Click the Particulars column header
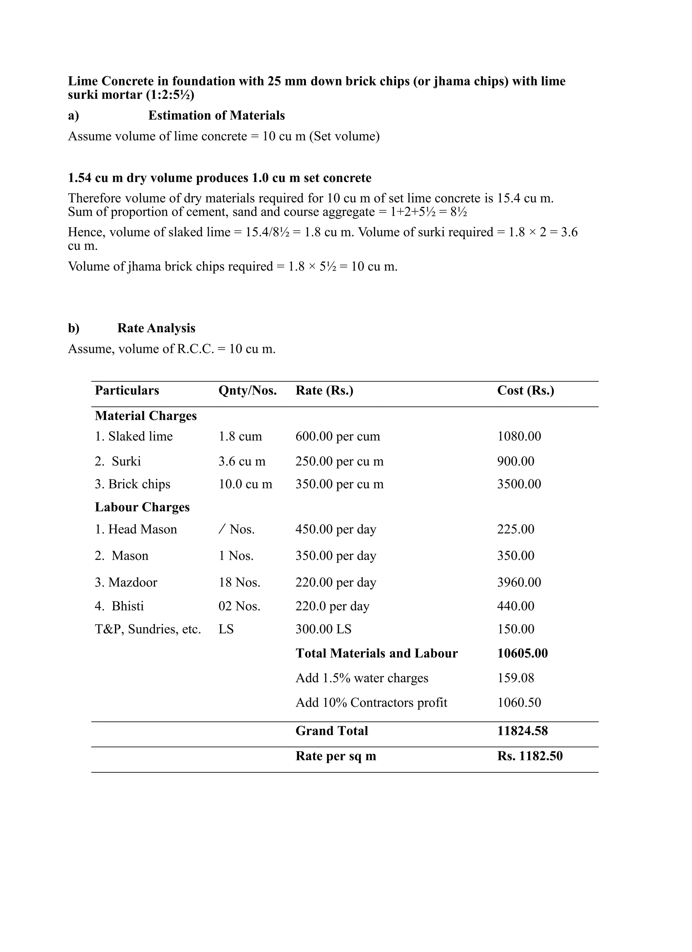click(x=127, y=390)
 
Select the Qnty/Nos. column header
click(x=247, y=390)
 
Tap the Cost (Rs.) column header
click(x=525, y=390)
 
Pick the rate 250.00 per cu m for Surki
click(x=339, y=461)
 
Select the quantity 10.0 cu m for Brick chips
click(x=245, y=484)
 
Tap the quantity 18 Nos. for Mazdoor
click(x=239, y=582)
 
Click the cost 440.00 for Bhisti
click(x=516, y=606)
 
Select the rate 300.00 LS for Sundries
click(x=323, y=629)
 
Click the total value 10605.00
click(x=522, y=653)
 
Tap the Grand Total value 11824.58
click(x=522, y=731)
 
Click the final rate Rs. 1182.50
click(x=529, y=756)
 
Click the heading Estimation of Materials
click(x=216, y=115)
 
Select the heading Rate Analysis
click(x=156, y=328)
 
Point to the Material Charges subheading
click(x=146, y=416)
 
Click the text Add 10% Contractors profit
click(x=371, y=703)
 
